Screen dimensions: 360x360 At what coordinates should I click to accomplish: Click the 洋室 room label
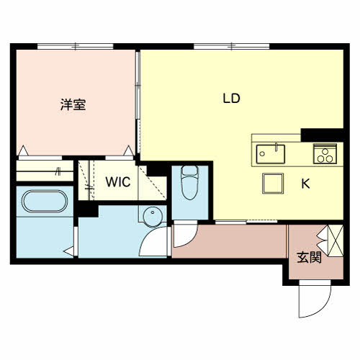(73, 105)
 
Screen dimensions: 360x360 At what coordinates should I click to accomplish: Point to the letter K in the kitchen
(305, 184)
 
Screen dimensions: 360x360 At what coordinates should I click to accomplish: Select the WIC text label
(118, 182)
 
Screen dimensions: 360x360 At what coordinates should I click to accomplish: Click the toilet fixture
(189, 184)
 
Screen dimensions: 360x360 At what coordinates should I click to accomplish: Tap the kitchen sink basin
(271, 153)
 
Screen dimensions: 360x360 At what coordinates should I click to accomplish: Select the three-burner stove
(325, 154)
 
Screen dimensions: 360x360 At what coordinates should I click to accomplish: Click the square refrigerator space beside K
(272, 184)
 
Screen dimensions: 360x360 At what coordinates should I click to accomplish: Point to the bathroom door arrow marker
(68, 251)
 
